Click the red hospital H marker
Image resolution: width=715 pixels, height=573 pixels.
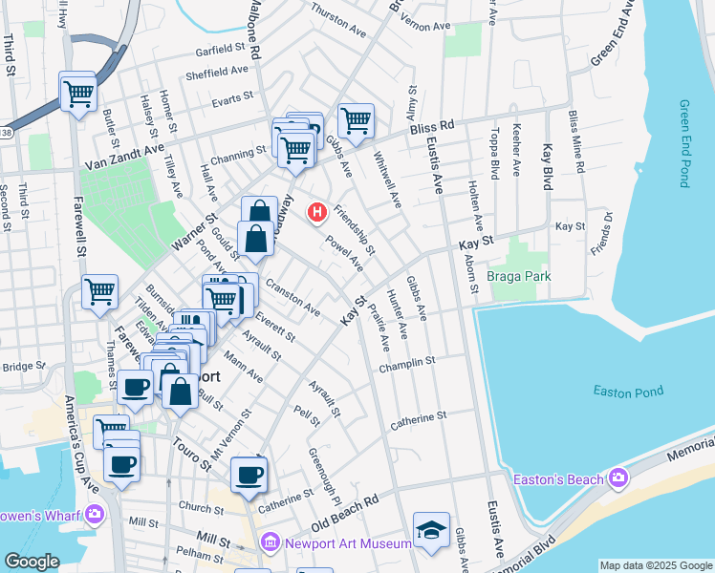[x=315, y=212]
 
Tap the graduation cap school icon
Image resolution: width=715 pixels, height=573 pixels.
[x=431, y=530]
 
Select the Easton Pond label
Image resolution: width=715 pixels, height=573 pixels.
[x=627, y=391]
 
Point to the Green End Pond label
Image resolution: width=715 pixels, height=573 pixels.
[x=683, y=143]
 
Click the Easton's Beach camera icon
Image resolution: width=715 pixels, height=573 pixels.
[x=617, y=477]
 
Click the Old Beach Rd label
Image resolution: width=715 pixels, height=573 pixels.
[x=345, y=513]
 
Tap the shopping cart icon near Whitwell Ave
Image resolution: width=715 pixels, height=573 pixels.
[x=356, y=120]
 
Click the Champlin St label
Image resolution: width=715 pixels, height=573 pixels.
[x=406, y=362]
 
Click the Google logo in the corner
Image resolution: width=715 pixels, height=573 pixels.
[x=32, y=562]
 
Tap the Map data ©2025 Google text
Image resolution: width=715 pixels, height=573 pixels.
[x=656, y=565]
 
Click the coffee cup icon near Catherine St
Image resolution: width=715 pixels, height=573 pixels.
[x=249, y=474]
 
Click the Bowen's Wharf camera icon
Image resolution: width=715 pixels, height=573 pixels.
[x=94, y=515]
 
